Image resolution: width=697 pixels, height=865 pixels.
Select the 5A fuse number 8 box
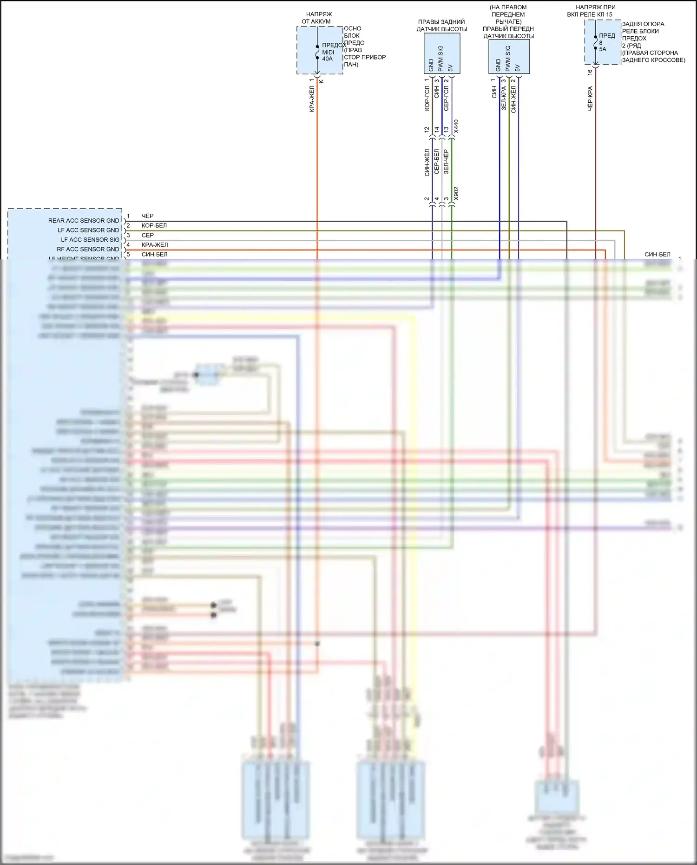click(603, 42)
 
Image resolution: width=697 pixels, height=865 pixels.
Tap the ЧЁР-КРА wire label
click(590, 98)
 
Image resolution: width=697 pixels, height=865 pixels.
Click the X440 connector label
click(456, 126)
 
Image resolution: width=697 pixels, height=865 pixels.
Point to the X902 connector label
click(456, 194)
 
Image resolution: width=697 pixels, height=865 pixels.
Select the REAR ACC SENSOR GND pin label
click(84, 221)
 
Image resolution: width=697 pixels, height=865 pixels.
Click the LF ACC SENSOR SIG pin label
click(90, 240)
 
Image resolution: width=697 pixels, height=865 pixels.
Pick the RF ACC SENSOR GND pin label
click(88, 250)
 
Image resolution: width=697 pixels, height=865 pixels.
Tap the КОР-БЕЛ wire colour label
click(154, 226)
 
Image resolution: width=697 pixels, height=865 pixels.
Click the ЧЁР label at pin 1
click(147, 216)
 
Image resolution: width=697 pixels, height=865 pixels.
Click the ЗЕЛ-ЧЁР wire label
click(446, 162)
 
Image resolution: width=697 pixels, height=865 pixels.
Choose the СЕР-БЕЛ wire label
click(436, 162)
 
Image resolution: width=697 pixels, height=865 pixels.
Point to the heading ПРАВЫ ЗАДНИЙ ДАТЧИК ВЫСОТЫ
click(441, 26)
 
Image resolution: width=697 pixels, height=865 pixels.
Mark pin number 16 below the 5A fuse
click(590, 73)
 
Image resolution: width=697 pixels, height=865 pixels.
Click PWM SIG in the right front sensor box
click(508, 59)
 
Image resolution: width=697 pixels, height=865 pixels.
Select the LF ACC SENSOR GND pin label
click(88, 231)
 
